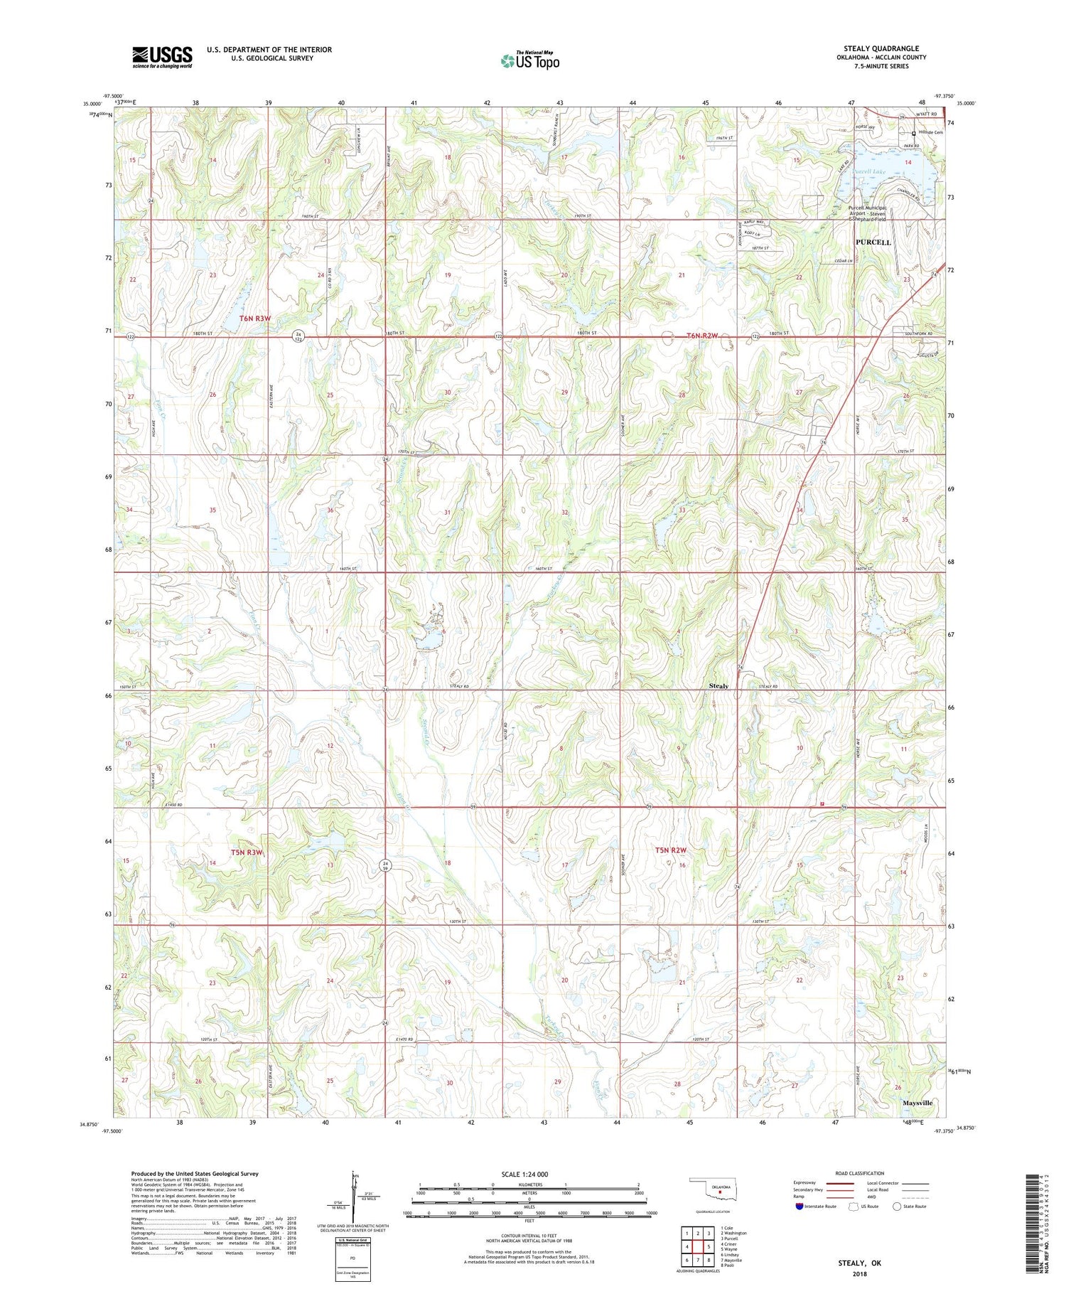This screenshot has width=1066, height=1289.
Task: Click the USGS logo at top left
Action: [x=162, y=57]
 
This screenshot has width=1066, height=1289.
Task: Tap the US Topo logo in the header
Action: [x=529, y=61]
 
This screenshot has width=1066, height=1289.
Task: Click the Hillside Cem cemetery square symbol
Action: [x=914, y=133]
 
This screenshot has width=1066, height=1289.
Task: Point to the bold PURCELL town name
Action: [x=873, y=242]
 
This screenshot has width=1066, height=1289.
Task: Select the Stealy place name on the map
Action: [x=718, y=685]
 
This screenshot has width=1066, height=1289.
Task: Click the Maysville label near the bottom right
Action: [x=917, y=1103]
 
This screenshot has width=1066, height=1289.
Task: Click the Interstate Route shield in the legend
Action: [x=799, y=1207]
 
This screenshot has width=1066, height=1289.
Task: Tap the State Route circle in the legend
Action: [x=898, y=1207]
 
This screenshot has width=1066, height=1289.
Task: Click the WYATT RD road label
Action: [x=926, y=114]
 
